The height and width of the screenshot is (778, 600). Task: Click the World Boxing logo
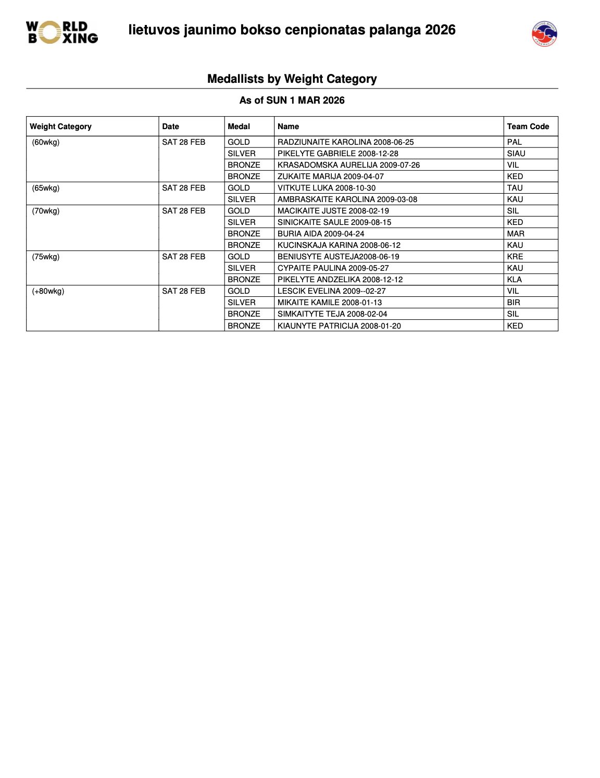point(62,32)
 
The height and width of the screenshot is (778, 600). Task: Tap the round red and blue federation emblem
point(544,34)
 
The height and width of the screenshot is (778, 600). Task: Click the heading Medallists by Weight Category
point(292,79)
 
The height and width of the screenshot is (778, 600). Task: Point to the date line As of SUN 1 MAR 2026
point(292,101)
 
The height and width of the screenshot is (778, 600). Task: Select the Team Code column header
point(528,127)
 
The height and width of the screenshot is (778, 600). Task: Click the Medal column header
point(239,127)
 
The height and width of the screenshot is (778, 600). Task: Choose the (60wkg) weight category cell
point(46,142)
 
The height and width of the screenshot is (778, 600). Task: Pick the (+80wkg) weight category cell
point(48,291)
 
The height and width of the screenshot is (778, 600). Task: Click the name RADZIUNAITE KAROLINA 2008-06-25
point(345,142)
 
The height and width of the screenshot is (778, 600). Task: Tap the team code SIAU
point(516,154)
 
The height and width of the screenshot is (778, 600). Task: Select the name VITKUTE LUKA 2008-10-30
point(326,188)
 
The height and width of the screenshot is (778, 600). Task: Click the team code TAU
point(515,188)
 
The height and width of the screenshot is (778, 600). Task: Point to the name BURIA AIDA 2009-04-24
point(320,234)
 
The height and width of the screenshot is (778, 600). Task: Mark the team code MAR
point(515,234)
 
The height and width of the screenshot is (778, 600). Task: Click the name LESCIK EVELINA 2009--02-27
point(331,291)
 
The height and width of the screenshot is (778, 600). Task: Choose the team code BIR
point(513,303)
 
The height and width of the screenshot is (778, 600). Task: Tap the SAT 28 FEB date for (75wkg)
point(183,257)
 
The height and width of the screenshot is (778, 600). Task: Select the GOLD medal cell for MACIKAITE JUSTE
point(239,211)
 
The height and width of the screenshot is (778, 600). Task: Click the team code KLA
point(514,280)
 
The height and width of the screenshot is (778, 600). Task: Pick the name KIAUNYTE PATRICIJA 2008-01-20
point(339,326)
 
